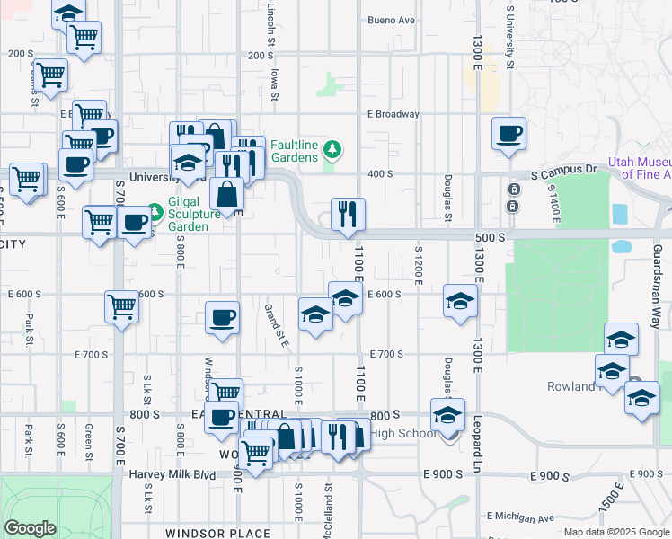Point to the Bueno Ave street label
(392, 20)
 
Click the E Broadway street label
(393, 114)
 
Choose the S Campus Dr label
(563, 169)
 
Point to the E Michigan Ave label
(520, 517)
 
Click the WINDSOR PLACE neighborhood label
(225, 534)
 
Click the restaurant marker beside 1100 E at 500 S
(348, 215)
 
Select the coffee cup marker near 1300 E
(508, 133)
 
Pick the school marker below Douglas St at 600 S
(459, 301)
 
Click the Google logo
(30, 527)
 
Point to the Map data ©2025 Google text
(615, 532)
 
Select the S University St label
(509, 36)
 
